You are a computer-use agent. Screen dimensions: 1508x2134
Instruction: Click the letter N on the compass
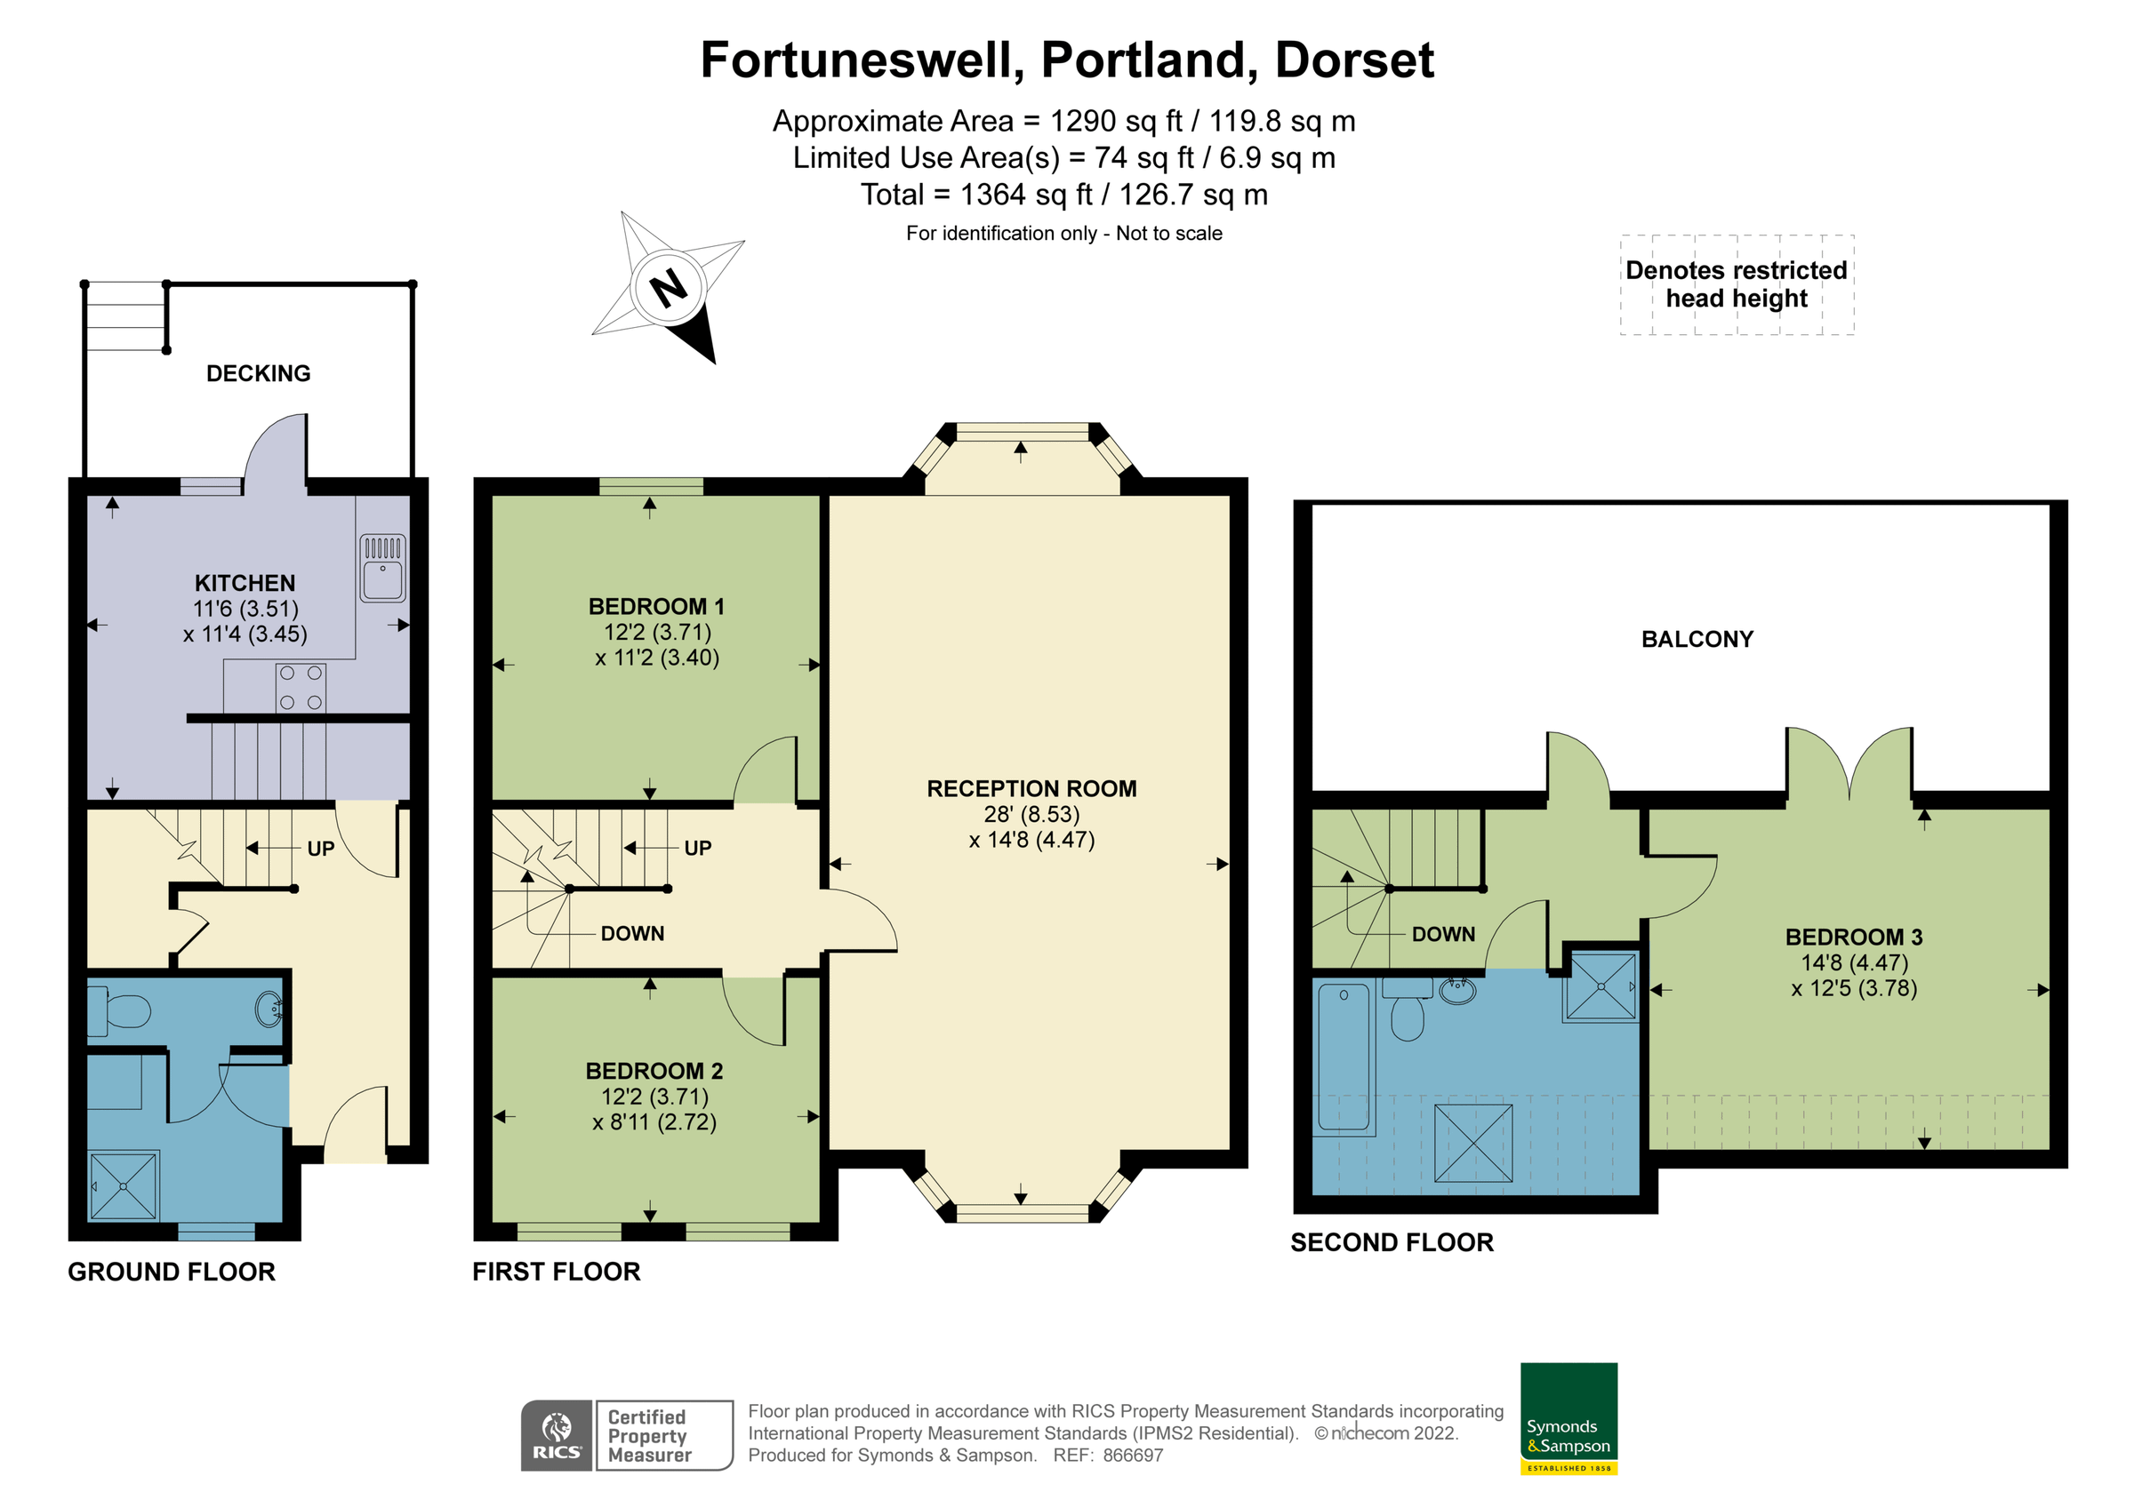(670, 288)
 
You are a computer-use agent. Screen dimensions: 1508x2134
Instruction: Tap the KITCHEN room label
(245, 584)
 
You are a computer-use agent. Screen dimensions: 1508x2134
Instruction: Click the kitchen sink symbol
(383, 569)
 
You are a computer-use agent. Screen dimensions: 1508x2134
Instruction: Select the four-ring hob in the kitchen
(301, 688)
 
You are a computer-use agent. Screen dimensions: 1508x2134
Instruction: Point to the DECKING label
(259, 373)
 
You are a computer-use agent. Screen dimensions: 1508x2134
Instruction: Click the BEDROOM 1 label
(656, 607)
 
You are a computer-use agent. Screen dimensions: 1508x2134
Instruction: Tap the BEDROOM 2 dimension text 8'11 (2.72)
(655, 1122)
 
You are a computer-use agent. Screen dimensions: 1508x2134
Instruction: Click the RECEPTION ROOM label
(1031, 789)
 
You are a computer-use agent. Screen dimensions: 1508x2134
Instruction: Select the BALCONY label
(1697, 639)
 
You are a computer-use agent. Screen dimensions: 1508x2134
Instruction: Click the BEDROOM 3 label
(1853, 938)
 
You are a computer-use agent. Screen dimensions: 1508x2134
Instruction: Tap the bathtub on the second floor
(1344, 1057)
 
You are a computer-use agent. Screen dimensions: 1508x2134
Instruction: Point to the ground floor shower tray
(124, 1186)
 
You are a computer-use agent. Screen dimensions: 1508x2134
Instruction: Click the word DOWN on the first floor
(632, 934)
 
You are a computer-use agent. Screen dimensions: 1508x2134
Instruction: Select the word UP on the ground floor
(321, 850)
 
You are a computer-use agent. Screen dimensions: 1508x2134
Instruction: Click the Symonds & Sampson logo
(1568, 1418)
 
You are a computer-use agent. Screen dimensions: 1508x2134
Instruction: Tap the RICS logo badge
(556, 1435)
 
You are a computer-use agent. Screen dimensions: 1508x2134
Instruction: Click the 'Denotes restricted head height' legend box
(1737, 284)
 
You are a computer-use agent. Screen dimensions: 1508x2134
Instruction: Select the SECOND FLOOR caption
(1392, 1243)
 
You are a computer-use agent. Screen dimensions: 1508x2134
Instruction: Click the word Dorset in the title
(1354, 60)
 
